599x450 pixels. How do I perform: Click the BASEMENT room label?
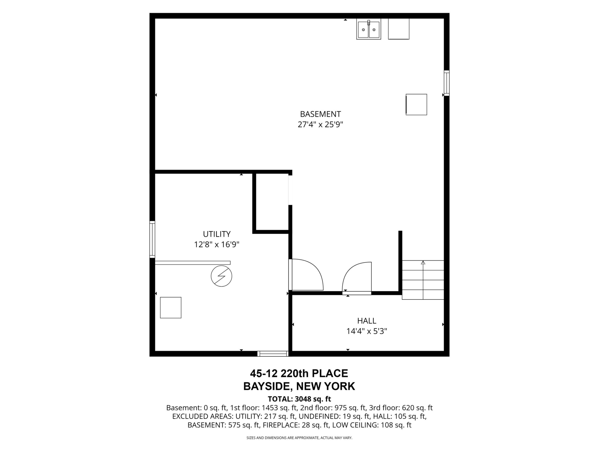tap(320, 114)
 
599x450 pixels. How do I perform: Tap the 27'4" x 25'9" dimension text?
tap(320, 125)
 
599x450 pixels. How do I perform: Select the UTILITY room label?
tap(217, 234)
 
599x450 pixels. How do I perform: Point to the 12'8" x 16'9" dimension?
tap(217, 245)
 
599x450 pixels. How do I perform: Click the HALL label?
tap(367, 321)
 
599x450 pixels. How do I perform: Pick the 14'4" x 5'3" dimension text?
tap(367, 331)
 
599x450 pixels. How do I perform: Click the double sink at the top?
tap(369, 29)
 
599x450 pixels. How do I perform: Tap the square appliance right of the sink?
tap(399, 29)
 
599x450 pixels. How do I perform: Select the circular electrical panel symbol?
tap(222, 276)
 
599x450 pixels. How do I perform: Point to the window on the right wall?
tap(447, 83)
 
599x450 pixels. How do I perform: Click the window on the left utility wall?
tap(152, 239)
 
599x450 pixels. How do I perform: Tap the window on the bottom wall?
tap(273, 353)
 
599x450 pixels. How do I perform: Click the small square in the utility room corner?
tap(171, 308)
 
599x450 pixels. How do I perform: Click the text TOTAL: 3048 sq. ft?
tap(299, 399)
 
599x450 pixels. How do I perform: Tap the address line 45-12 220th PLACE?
tap(299, 374)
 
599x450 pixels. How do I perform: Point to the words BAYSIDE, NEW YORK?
tap(299, 386)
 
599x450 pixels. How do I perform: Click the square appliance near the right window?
tap(416, 104)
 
